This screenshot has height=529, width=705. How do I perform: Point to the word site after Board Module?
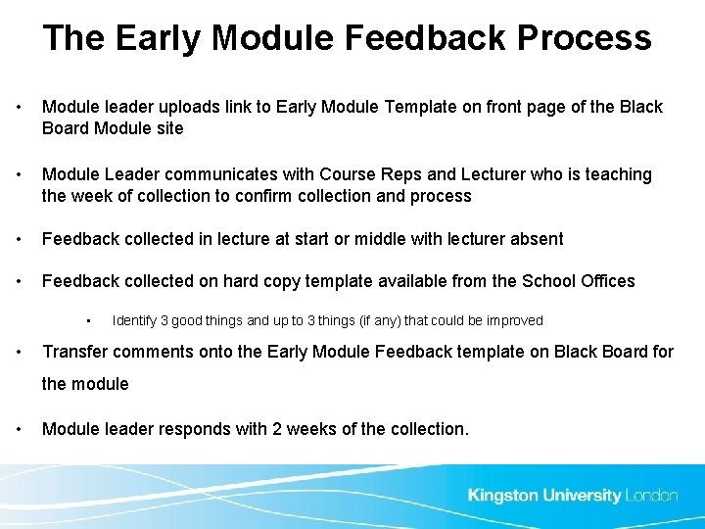tap(169, 128)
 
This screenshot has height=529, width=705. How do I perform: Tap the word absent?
tap(535, 239)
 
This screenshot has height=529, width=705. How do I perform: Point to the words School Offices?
tap(578, 281)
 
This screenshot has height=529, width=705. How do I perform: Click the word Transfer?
tap(75, 352)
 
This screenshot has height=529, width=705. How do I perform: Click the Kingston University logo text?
tap(544, 495)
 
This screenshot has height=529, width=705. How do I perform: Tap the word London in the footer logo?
tap(651, 495)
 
